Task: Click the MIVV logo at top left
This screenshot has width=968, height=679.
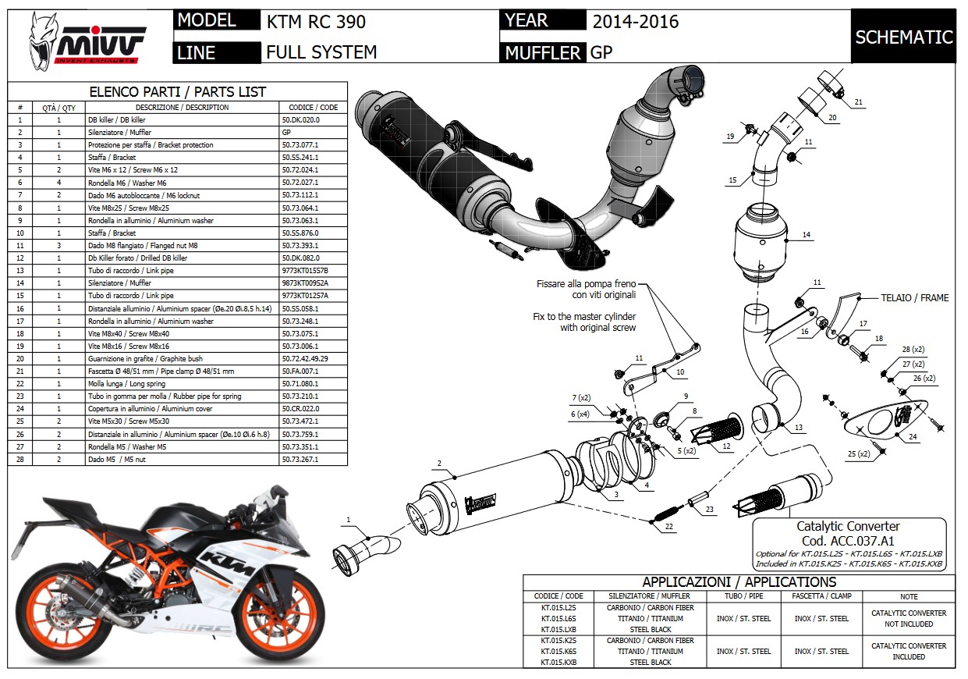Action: [87, 39]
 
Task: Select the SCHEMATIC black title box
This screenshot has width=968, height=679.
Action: [903, 37]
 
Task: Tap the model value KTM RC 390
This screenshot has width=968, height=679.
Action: [316, 21]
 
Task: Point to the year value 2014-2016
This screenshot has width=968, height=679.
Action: [636, 21]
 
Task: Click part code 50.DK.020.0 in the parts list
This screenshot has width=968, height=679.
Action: [300, 120]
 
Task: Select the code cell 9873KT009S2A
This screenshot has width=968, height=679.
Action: [305, 283]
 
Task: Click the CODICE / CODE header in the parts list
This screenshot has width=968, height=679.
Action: [313, 108]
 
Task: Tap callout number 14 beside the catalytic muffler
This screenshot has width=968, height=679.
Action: [806, 235]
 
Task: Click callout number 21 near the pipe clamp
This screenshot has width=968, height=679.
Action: [858, 102]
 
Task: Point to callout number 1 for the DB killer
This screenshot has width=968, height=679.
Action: [348, 520]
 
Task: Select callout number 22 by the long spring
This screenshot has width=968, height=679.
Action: [668, 528]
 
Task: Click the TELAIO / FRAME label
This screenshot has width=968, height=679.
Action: [915, 298]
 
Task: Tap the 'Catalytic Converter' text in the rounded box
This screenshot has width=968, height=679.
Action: [848, 527]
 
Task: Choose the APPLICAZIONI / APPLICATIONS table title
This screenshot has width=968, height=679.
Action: [739, 582]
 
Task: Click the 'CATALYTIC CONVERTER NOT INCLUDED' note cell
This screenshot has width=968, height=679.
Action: [909, 619]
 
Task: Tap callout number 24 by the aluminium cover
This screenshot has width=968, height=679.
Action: [913, 437]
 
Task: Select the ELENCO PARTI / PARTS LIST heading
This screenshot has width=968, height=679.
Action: [178, 92]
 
